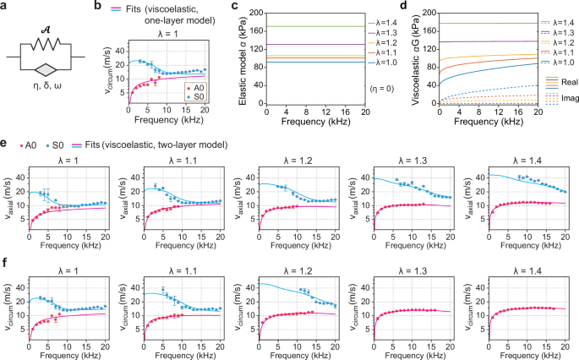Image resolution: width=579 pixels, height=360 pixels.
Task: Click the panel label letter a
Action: coord(5,7)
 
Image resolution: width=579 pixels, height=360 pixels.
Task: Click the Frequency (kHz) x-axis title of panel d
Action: coord(489,122)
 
